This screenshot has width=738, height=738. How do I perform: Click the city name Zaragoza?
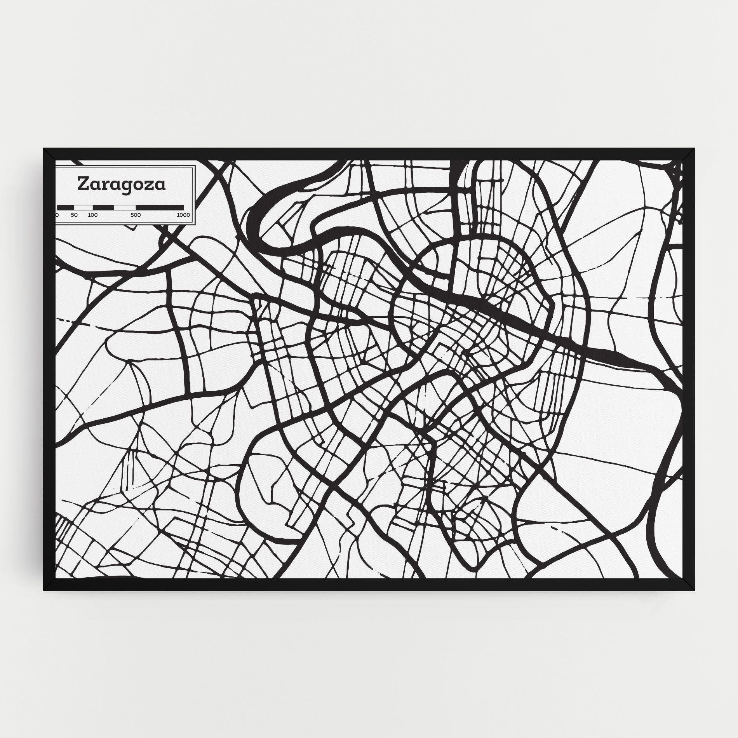click(x=121, y=184)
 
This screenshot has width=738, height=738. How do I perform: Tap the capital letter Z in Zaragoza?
click(x=83, y=184)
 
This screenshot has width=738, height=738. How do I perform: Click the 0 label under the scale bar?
click(x=57, y=215)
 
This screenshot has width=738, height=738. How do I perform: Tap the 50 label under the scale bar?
click(x=74, y=215)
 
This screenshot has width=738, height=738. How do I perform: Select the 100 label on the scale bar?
click(x=92, y=215)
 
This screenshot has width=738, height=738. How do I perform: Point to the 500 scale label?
click(x=136, y=215)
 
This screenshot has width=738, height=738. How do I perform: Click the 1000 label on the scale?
click(x=183, y=215)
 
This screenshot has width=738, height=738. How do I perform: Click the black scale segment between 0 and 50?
click(x=66, y=207)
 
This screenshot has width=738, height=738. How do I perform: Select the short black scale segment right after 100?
click(x=103, y=207)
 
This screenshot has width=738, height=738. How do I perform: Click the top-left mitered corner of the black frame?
click(x=48, y=154)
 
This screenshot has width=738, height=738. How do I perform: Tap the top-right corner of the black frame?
click(x=689, y=154)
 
